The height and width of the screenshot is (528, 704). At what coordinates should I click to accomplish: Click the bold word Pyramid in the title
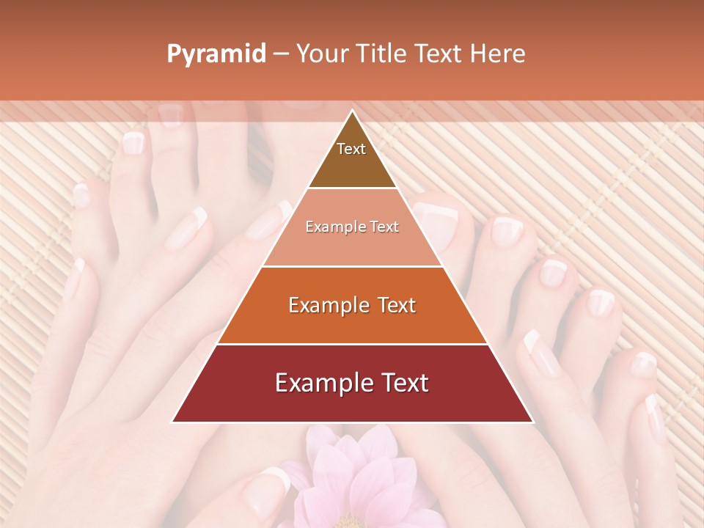(216, 54)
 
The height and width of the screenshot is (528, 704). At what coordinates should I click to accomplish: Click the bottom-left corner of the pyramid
(173, 422)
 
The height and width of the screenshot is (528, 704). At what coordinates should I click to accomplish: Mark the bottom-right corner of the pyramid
(532, 422)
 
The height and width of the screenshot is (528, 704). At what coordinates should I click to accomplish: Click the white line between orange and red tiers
(352, 344)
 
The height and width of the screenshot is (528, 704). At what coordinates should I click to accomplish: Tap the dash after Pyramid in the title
(281, 54)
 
